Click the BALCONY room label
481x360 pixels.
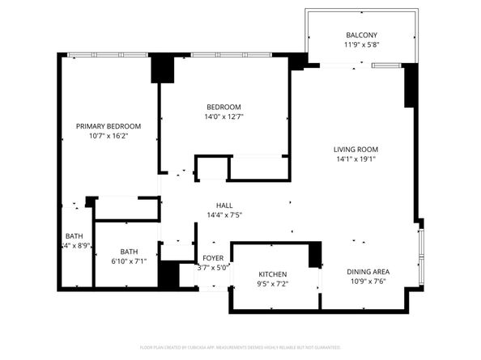(360, 35)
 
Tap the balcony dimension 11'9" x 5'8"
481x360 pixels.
(360, 45)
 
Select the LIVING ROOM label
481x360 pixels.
(356, 149)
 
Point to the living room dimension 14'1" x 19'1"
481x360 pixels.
(356, 159)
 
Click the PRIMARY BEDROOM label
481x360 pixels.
(109, 126)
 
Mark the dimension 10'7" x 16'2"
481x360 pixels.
(109, 137)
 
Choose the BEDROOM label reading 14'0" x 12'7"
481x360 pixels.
(223, 107)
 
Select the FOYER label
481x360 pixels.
(213, 258)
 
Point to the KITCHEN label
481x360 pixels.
(272, 274)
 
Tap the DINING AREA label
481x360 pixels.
(368, 272)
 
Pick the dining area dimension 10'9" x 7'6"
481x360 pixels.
(368, 282)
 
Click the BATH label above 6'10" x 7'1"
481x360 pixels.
(129, 251)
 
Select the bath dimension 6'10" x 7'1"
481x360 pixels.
(129, 261)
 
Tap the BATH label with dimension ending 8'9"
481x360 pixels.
(73, 235)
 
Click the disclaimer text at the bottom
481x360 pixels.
(240, 346)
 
